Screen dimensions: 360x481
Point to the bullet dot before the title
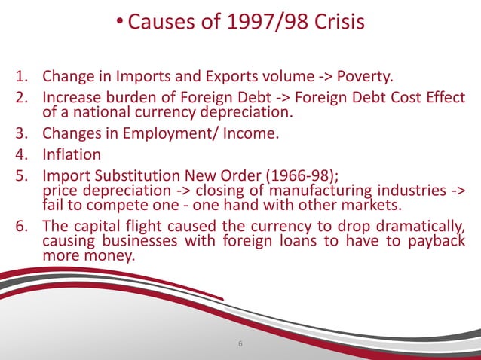click(119, 21)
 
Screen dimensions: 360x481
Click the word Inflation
click(72, 156)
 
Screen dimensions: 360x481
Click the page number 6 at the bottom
click(240, 345)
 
